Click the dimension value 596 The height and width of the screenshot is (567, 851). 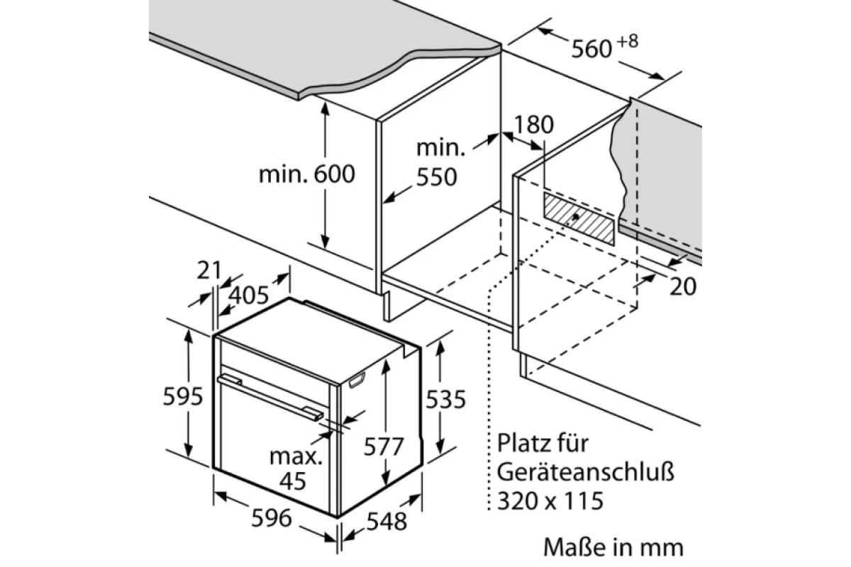pos(271,518)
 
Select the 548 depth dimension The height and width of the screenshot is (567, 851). pos(386,522)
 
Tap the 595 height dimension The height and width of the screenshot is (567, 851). pos(183,396)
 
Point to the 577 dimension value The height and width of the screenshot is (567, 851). pos(384,447)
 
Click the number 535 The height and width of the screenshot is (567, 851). pos(445,399)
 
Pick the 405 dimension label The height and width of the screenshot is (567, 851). pos(249,295)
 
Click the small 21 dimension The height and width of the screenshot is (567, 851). pos(209,271)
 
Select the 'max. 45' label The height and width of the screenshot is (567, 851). pos(295,468)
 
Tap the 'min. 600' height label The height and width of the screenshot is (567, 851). pos(306,174)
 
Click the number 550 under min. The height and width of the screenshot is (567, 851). pos(437,177)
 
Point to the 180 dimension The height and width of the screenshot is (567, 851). pos(533,125)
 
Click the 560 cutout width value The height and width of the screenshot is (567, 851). pos(591,50)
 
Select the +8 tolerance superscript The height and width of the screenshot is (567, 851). pos(627,41)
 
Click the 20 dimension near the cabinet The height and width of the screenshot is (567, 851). pos(683,286)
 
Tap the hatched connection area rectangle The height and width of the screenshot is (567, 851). pos(579,218)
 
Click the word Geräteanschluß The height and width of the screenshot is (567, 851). pos(586,473)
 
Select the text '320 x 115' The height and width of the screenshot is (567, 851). pos(550,500)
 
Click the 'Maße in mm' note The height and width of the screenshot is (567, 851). pos(613,547)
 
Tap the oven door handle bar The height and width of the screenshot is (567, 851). pos(270,397)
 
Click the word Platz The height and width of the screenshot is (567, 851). pos(523,443)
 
